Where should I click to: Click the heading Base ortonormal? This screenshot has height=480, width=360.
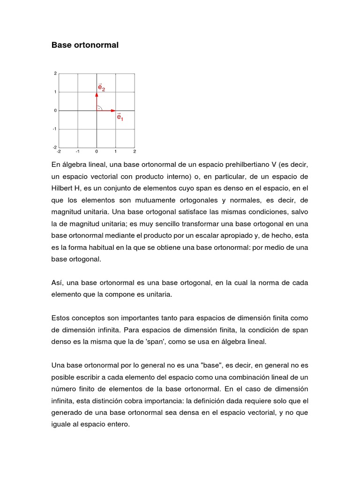pyautogui.click(x=85, y=45)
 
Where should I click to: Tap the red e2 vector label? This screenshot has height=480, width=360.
pyautogui.click(x=101, y=87)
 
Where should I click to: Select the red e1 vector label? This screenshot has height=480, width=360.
pyautogui.click(x=120, y=117)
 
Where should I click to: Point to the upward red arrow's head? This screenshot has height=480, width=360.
pyautogui.click(x=97, y=94)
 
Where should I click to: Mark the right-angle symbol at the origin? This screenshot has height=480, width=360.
pyautogui.click(x=99, y=108)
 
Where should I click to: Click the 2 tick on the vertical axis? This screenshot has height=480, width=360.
pyautogui.click(x=55, y=74)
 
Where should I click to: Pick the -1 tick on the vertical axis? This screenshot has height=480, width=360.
pyautogui.click(x=55, y=129)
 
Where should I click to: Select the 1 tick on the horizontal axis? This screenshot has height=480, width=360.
pyautogui.click(x=115, y=152)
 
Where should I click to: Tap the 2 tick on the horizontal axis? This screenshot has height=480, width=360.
pyautogui.click(x=135, y=152)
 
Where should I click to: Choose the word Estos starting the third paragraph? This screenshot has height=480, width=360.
pyautogui.click(x=61, y=318)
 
